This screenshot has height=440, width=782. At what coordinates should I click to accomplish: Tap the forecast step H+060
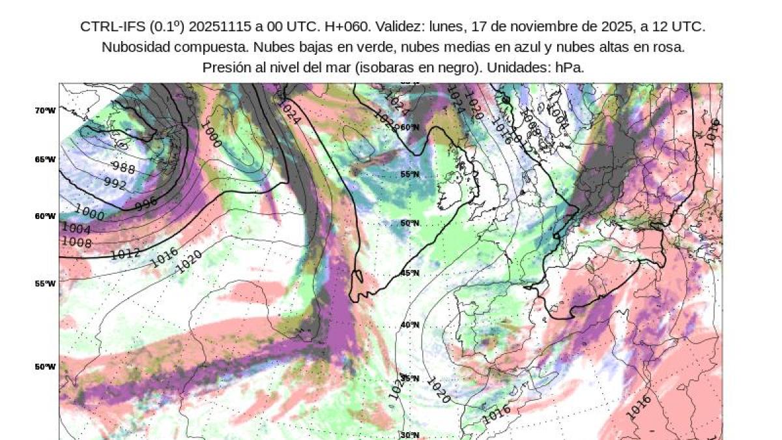click(x=336, y=27)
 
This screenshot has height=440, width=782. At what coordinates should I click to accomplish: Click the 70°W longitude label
click(x=46, y=110)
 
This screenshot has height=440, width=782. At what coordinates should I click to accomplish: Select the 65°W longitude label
click(x=46, y=159)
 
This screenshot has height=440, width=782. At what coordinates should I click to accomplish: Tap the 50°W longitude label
click(x=46, y=366)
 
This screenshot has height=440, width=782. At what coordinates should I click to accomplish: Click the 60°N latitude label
click(x=409, y=127)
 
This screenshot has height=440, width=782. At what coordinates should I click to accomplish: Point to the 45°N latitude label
click(x=409, y=273)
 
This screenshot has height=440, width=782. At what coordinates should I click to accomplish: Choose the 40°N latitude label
click(x=409, y=325)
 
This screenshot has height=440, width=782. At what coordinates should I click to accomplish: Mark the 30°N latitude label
click(x=409, y=435)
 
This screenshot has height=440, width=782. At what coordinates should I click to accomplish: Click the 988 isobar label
click(x=123, y=168)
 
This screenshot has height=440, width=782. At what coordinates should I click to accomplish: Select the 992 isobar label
click(x=115, y=184)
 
